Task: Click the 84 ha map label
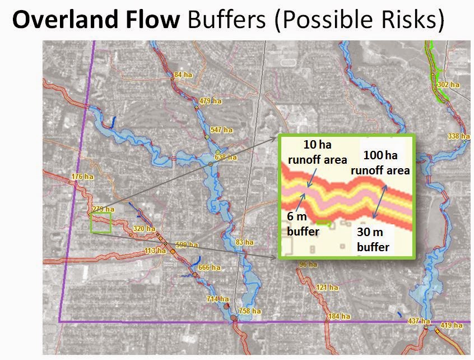pos(183,75)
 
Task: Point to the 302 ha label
pos(448,85)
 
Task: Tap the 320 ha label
pos(143,229)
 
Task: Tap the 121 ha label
pos(327,288)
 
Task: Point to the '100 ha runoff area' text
pos(380,163)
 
